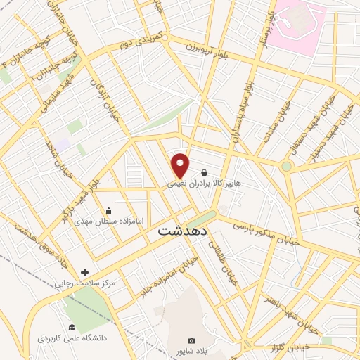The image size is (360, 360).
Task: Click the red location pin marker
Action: (181, 165)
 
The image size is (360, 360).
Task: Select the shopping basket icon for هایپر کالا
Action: (204, 172)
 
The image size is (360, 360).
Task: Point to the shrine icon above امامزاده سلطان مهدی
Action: (108, 210)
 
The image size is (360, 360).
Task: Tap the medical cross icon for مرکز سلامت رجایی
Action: (85, 272)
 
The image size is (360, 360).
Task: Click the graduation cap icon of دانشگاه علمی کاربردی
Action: (71, 327)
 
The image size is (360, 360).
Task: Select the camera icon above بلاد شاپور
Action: (192, 341)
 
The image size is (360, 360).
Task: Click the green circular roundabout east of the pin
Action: (286, 167)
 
